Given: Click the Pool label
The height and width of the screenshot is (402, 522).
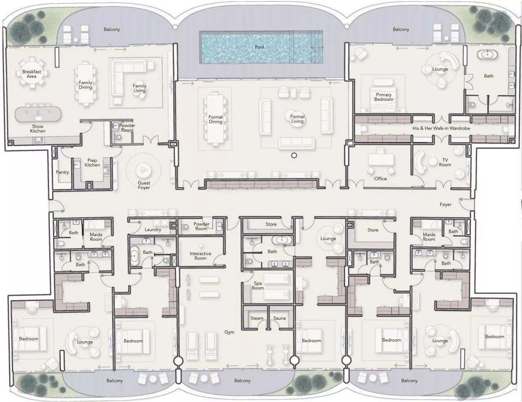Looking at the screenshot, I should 259,47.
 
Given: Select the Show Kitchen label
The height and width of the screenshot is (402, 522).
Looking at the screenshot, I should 38,129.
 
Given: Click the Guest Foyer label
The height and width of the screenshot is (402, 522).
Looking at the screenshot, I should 144,186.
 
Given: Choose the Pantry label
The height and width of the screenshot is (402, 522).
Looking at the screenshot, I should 62,172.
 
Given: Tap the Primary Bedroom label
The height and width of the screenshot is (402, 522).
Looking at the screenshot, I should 384,97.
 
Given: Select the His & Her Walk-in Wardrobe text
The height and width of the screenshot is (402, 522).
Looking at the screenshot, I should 441,128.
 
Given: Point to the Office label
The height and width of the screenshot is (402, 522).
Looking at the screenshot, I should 380,179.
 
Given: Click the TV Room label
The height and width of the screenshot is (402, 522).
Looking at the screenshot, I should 445,163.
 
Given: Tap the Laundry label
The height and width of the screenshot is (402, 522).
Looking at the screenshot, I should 153,230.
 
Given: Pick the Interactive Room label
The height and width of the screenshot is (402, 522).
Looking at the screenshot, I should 200,256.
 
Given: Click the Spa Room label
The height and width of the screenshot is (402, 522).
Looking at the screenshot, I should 258,286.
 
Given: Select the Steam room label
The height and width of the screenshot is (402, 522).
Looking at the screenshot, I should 257,318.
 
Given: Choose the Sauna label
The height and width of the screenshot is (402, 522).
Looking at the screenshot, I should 279,318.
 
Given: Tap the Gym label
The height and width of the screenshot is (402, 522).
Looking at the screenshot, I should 229,332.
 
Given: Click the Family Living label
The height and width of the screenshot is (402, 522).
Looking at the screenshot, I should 139,88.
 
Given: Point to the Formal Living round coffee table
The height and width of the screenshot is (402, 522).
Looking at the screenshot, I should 297,119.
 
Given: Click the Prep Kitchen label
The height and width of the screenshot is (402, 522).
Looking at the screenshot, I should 92,163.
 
